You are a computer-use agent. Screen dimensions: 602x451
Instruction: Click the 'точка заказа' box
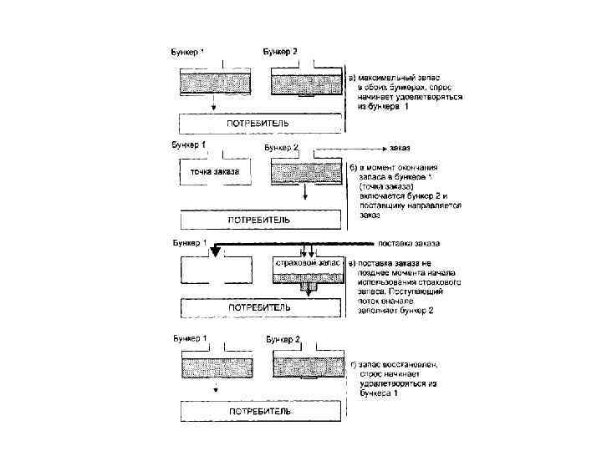215,172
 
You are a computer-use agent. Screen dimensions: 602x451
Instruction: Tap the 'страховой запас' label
309,263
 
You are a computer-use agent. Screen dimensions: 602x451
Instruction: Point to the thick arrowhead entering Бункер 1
215,251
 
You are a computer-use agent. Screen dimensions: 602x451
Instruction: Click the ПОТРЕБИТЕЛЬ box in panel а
259,124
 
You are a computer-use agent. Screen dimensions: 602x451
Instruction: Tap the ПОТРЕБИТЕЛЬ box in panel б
259,220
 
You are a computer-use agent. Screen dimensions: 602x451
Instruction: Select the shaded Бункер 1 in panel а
215,82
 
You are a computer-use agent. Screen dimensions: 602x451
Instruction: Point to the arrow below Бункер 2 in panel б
307,192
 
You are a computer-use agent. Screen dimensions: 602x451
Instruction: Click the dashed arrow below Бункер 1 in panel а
215,103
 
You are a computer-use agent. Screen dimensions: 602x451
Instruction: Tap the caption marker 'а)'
352,76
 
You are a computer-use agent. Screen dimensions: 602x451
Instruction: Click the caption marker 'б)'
353,167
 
